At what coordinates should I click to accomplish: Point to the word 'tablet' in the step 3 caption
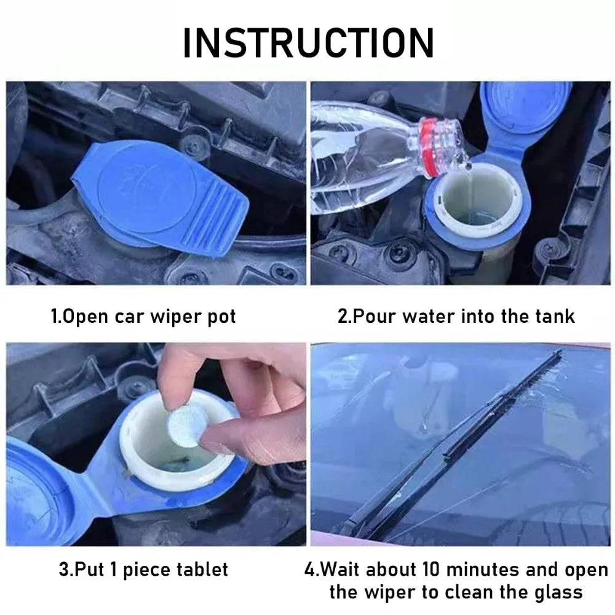tap(200, 569)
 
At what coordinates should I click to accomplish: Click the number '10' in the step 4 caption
tap(461, 569)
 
